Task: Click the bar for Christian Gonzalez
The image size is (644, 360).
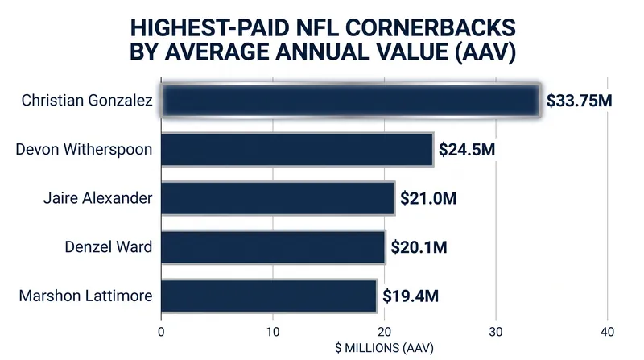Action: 350,101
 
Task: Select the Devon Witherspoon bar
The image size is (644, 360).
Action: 297,149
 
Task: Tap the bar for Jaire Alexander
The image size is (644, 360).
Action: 278,198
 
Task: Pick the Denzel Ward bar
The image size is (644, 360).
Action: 273,247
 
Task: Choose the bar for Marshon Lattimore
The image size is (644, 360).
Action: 269,296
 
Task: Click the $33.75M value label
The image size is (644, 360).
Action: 579,101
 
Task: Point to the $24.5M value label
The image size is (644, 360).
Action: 467,150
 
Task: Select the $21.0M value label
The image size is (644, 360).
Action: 428,198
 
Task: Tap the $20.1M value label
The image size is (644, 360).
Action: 419,247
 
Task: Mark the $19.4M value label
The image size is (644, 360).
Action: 411,296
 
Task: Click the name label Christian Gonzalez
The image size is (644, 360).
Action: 87,101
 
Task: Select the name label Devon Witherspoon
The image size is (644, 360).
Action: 84,149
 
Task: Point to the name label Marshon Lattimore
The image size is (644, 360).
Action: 86,296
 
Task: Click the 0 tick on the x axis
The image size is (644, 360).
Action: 161,332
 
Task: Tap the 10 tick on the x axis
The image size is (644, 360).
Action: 273,332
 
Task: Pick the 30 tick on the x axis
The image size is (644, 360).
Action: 496,332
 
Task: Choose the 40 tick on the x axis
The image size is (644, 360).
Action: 608,332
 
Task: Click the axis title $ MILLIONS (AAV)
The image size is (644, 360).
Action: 385,348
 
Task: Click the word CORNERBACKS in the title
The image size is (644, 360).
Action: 430,28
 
